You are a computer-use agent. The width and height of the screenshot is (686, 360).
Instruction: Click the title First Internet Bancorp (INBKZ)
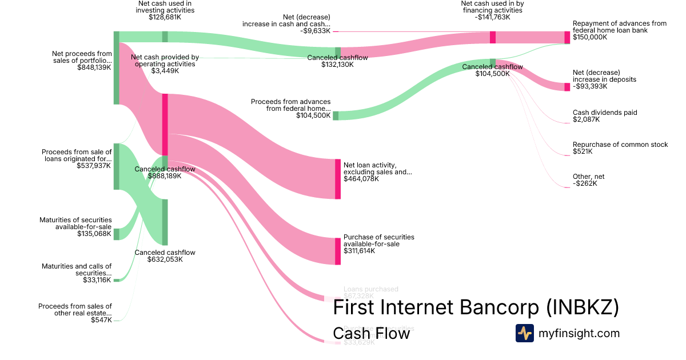(x=476, y=307)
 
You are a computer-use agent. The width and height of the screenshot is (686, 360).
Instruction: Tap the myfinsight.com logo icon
(x=524, y=333)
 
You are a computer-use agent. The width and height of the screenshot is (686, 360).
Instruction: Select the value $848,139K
(x=94, y=67)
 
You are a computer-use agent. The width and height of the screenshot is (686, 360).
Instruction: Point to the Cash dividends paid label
(x=605, y=113)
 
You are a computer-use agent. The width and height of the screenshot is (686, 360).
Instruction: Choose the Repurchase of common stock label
(x=620, y=145)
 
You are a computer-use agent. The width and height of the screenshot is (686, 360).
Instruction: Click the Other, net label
(x=588, y=177)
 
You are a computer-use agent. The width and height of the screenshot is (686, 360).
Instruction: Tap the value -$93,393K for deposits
(x=590, y=86)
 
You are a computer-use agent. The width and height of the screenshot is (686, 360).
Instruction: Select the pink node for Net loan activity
(x=338, y=179)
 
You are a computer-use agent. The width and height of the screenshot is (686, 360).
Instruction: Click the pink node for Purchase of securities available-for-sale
(x=338, y=251)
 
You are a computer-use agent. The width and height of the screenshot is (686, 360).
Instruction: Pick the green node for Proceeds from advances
(x=336, y=115)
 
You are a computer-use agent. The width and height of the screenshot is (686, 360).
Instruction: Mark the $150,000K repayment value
(x=590, y=37)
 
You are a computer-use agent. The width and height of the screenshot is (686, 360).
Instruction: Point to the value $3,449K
(x=165, y=71)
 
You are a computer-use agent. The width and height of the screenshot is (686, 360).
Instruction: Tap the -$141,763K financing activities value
(x=492, y=17)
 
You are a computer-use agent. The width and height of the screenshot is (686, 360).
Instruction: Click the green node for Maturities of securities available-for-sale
(x=116, y=234)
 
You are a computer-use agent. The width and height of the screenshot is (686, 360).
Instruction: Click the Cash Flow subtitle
(x=371, y=333)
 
